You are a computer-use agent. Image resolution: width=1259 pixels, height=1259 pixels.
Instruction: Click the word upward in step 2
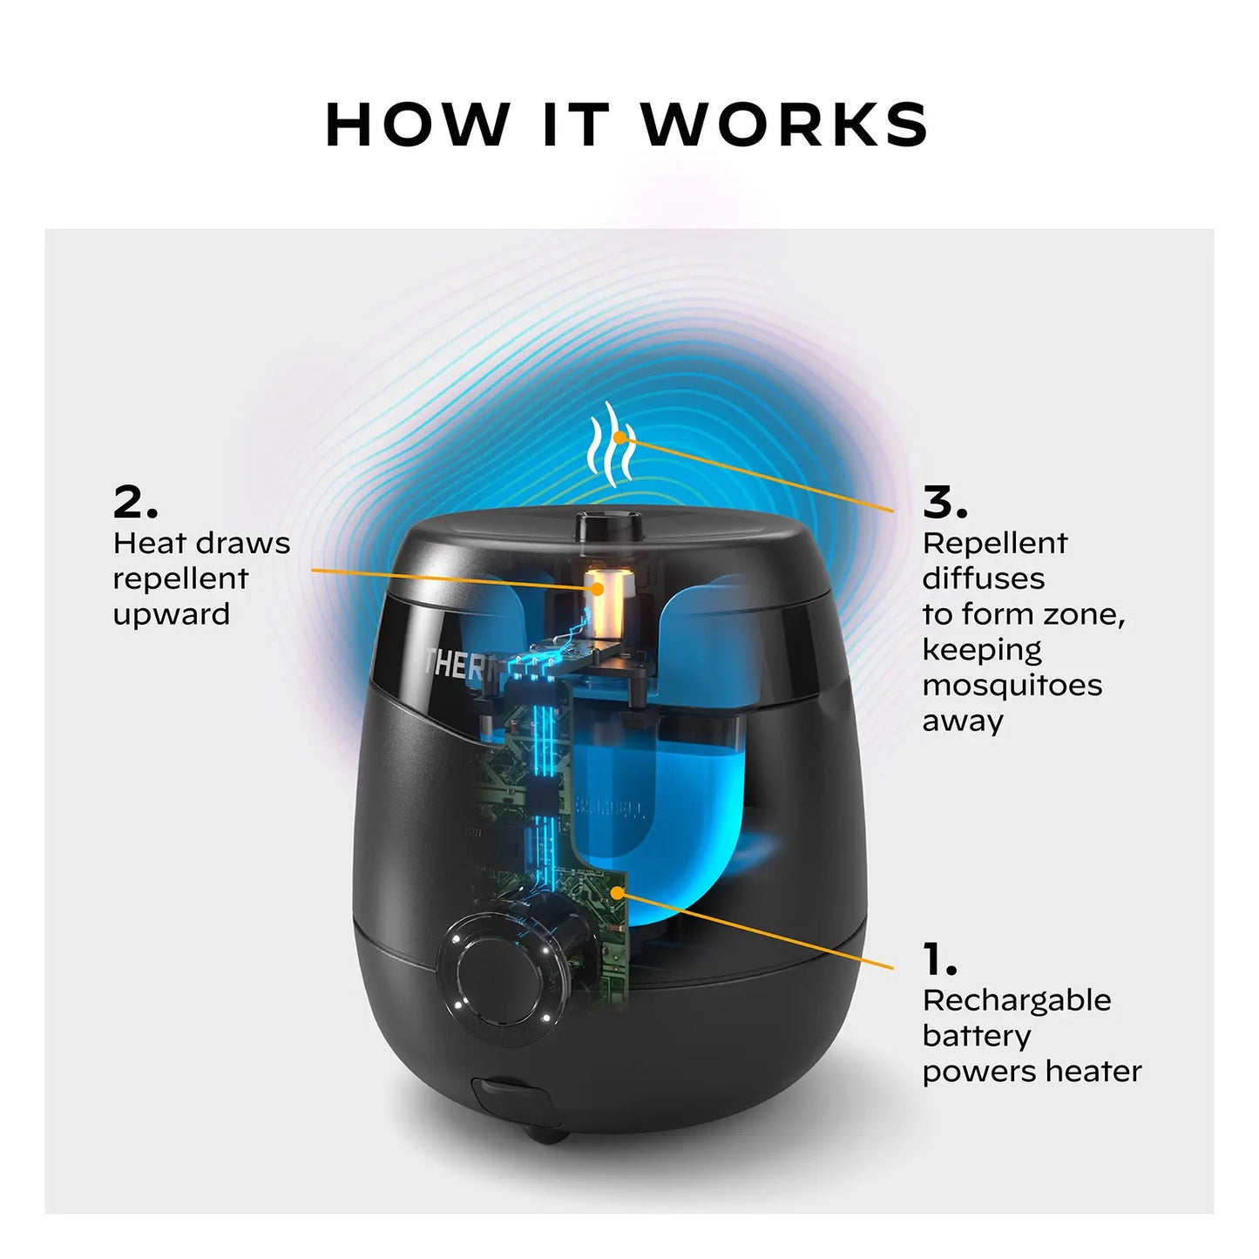click(x=172, y=614)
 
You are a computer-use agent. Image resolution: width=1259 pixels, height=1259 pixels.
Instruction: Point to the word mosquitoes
click(x=1012, y=686)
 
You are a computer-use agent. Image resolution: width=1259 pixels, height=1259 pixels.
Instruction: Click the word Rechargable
click(x=1017, y=1000)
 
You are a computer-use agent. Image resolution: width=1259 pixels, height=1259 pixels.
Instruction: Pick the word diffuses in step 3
click(x=983, y=579)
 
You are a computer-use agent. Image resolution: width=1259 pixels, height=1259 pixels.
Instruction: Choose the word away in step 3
click(x=963, y=721)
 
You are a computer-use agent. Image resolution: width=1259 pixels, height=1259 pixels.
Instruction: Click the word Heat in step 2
click(x=150, y=543)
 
